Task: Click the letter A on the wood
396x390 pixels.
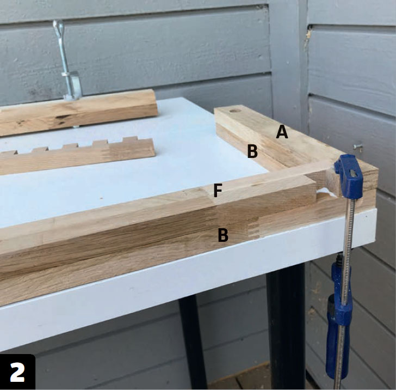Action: coord(282,132)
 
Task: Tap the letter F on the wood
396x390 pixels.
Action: coord(218,191)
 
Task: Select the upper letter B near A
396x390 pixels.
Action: coord(252,151)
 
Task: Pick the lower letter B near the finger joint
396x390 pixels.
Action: coord(223,235)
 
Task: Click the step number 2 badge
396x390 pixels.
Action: coord(17,372)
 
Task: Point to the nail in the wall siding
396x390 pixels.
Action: coord(357,146)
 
